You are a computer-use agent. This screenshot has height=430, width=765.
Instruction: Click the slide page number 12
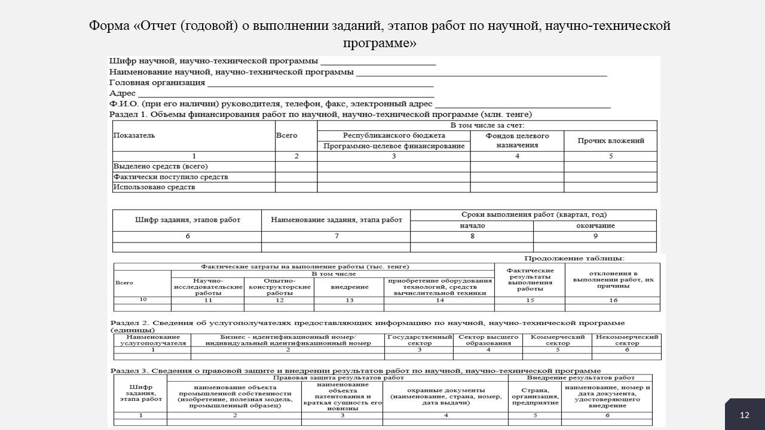[744, 415]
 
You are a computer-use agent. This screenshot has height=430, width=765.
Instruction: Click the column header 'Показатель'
[134, 136]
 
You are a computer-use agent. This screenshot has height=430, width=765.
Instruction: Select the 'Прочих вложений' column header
[610, 141]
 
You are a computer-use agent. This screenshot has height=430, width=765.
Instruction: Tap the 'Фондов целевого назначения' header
[517, 140]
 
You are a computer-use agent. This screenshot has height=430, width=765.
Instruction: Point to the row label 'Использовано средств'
[154, 187]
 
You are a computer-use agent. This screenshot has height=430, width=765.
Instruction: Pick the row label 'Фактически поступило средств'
[170, 177]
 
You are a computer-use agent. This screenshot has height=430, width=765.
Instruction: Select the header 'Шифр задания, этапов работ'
[187, 220]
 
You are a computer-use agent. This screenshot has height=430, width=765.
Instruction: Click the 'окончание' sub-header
[595, 226]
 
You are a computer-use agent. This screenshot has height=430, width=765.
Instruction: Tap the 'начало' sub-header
[472, 226]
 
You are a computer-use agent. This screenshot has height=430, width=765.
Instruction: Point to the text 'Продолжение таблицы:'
[574, 258]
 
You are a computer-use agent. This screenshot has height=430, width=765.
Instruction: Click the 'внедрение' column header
[349, 287]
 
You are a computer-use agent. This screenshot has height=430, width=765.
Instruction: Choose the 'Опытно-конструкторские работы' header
[280, 287]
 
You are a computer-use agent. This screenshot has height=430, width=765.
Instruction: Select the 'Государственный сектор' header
[419, 340]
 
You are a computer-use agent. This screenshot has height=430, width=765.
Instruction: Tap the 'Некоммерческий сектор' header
[627, 340]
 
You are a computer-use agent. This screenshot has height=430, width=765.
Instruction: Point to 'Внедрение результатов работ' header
[580, 377]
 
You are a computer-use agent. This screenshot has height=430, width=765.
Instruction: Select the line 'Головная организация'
[157, 83]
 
